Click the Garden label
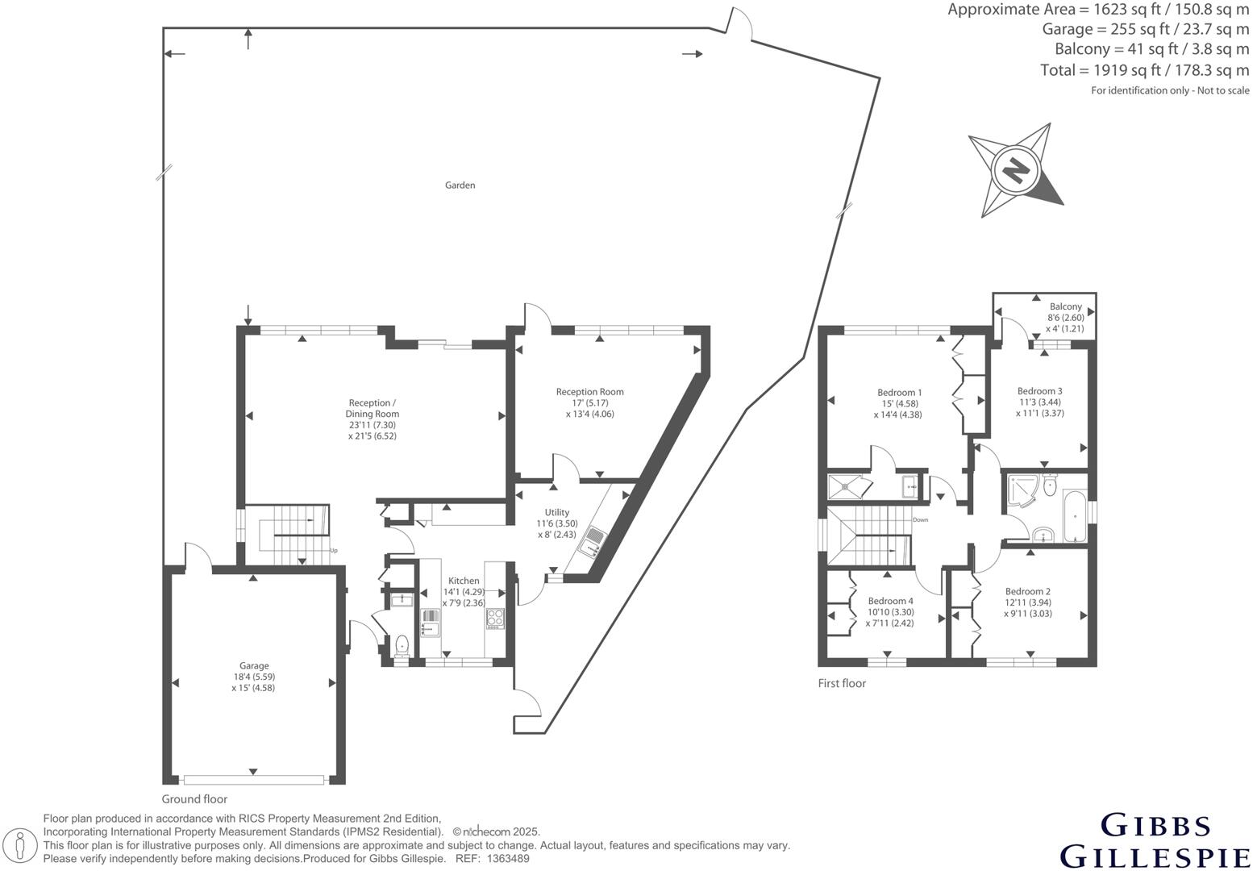460,185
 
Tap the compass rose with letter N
1016,170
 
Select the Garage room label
254,666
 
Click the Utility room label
556,512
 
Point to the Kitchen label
464,581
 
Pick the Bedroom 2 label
1027,591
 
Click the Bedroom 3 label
1039,391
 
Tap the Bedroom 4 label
890,601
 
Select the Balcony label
1065,307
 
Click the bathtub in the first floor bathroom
1073,516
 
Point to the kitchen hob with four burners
494,619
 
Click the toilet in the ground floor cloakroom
401,644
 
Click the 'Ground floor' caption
194,799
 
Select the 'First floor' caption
842,683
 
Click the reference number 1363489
506,859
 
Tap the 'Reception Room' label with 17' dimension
589,392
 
